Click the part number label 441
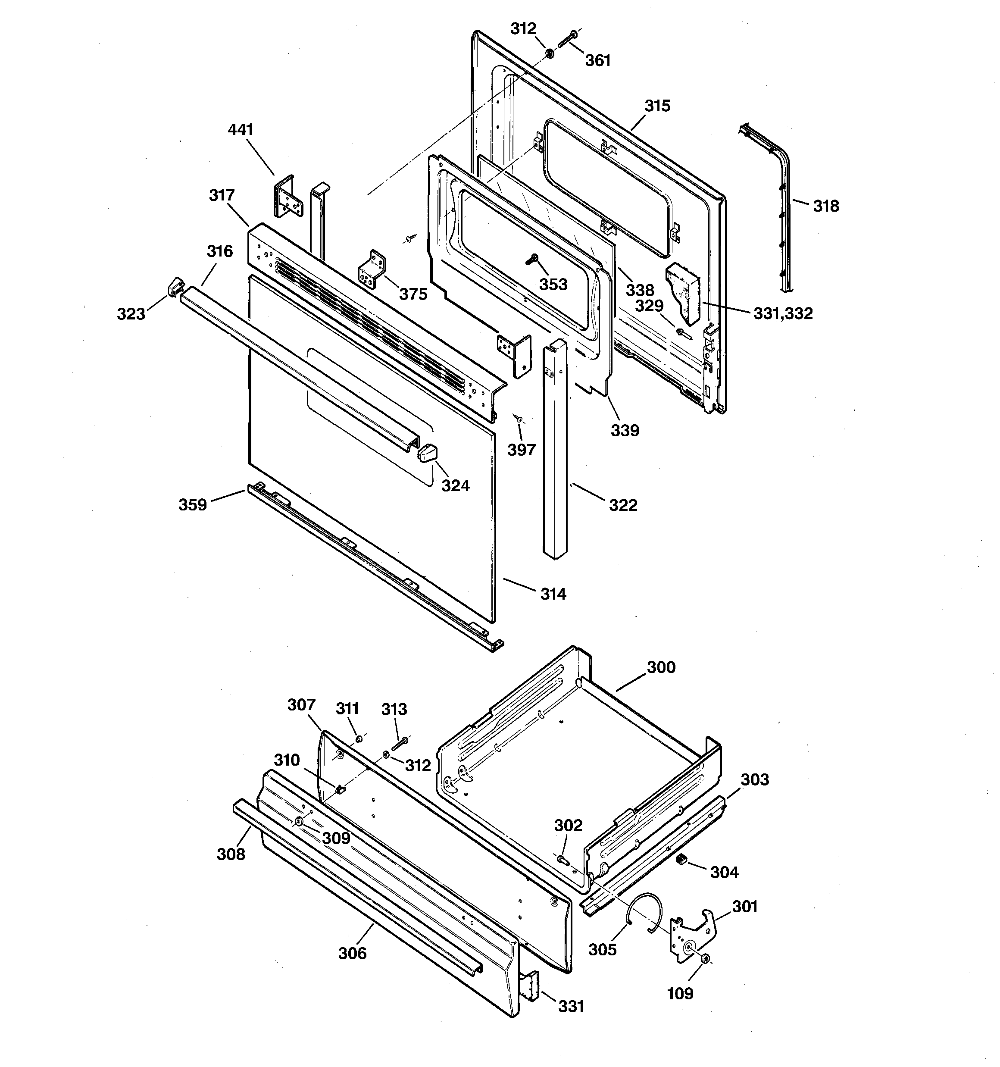pos(240,130)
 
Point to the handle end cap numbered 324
pos(427,453)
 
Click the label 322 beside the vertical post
pos(623,505)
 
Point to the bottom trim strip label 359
pos(192,504)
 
